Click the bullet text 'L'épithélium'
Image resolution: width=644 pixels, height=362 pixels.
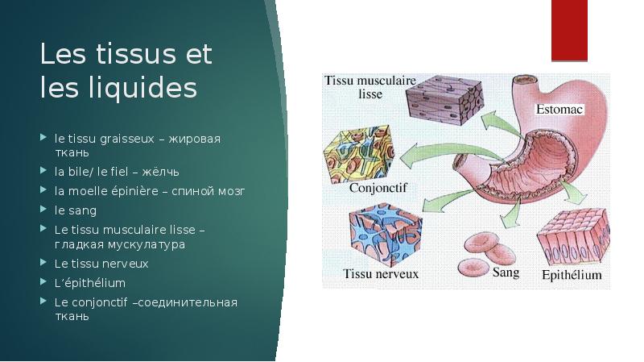tap(90, 283)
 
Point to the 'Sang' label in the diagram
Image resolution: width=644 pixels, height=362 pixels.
tap(505, 273)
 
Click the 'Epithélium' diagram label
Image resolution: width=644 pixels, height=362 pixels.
tap(571, 274)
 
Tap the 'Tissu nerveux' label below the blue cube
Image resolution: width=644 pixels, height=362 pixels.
tap(381, 274)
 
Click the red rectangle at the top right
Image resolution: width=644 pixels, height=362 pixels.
tap(569, 30)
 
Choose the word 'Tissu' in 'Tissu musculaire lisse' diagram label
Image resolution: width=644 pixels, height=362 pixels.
tap(341, 80)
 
